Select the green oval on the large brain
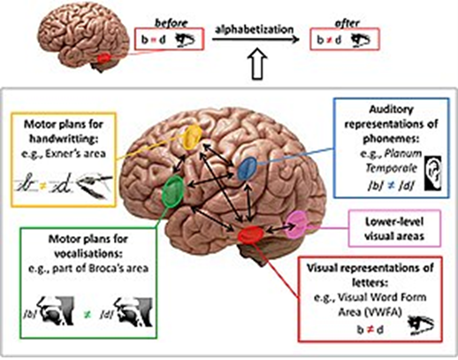175,189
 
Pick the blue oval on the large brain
249,166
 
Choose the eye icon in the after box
361,42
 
